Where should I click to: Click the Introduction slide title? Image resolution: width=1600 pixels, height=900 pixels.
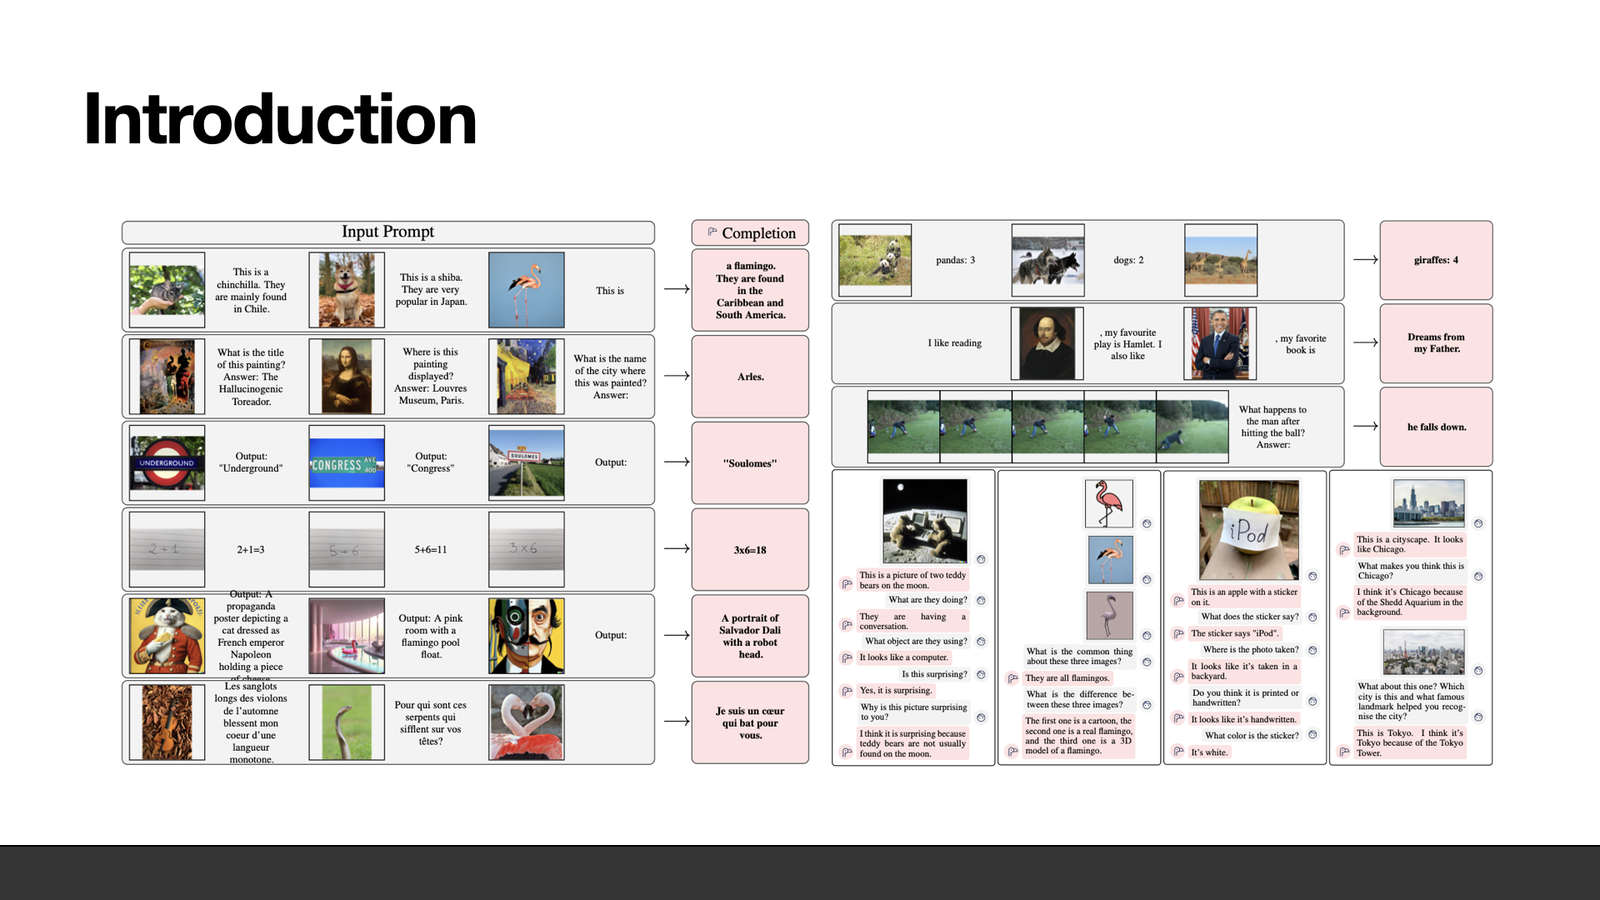coord(280,120)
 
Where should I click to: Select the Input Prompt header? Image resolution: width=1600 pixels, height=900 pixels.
coord(387,232)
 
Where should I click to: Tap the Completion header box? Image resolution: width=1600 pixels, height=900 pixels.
coord(750,233)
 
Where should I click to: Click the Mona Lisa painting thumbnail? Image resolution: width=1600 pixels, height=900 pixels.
coord(347,377)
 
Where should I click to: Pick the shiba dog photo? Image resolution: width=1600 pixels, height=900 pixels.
coord(347,290)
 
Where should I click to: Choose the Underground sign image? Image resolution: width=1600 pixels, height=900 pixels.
coord(167,462)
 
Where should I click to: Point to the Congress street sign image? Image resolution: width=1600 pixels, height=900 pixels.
coord(347,463)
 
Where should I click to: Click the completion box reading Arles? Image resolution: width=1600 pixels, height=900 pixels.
coord(750,377)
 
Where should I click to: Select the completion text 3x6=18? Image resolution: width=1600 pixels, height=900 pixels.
coord(750,550)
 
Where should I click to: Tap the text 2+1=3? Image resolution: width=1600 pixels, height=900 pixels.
coord(250,550)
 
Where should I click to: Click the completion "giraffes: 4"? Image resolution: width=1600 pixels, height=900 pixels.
coord(1436,260)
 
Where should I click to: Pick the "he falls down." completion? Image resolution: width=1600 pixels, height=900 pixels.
coord(1436,427)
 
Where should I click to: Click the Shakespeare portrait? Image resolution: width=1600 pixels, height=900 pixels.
coord(1047,343)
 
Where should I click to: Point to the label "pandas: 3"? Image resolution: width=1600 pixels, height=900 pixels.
coord(955,260)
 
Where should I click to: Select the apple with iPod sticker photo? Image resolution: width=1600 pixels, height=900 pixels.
coord(1248,530)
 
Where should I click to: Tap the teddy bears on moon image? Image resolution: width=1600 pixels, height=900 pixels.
coord(925,521)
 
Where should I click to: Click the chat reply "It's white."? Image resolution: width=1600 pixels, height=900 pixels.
coord(1209,752)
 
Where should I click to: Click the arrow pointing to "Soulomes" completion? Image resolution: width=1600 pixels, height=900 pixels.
coord(677,462)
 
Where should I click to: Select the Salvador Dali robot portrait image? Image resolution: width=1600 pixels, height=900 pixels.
coord(527,636)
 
